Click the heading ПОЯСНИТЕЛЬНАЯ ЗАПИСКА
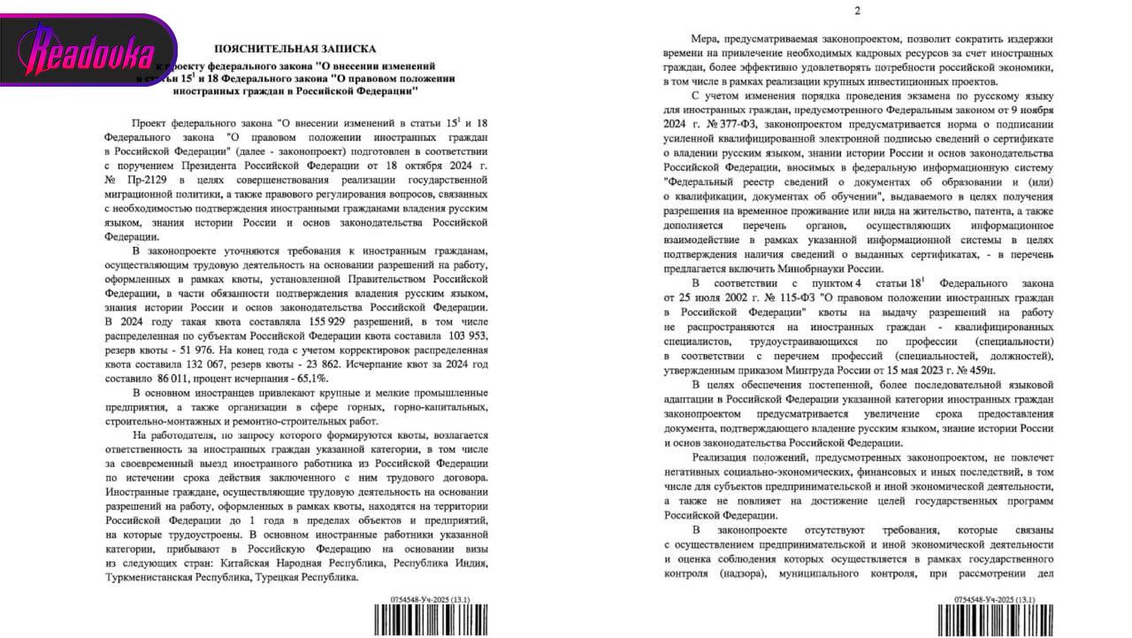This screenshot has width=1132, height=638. point(295,50)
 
